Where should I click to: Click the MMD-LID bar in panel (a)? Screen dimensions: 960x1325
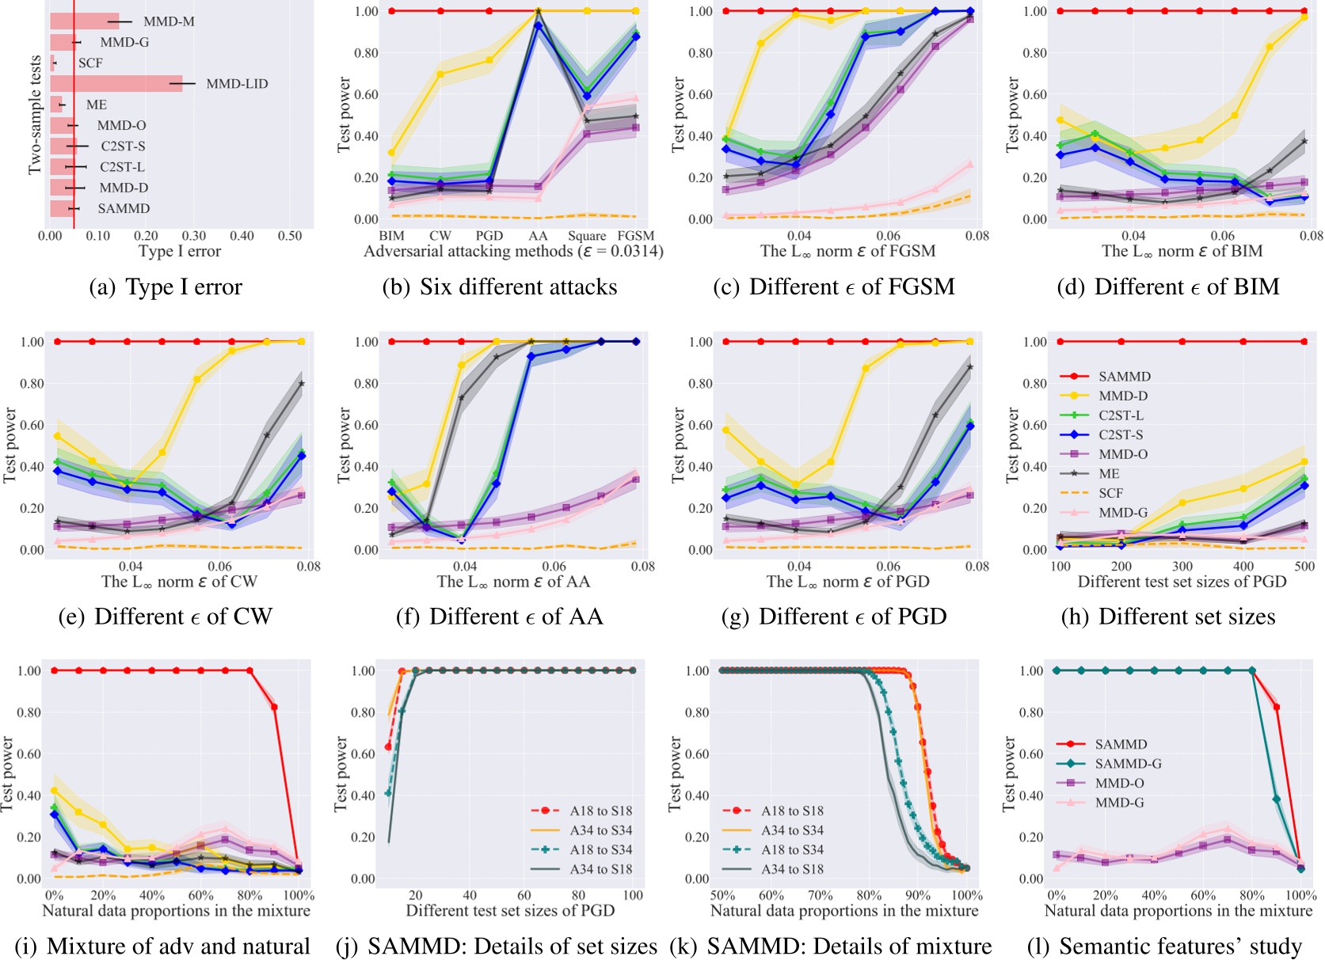click(116, 84)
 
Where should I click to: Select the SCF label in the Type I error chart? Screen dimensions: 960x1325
click(90, 63)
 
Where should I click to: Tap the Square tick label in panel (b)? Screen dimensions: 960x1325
click(587, 236)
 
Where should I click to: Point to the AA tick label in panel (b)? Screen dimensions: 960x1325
click(538, 236)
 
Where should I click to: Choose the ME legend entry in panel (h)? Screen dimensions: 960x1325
click(1109, 474)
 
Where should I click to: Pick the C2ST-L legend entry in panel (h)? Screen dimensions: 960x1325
click(1121, 415)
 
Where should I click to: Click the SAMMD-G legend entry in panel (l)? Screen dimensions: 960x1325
click(1128, 764)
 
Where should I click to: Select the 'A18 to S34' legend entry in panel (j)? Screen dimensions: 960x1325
click(600, 850)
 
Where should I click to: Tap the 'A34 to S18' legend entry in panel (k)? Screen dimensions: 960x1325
click(792, 869)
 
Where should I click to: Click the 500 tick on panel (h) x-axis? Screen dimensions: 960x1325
click(1304, 567)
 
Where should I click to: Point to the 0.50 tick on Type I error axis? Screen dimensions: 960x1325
click(290, 236)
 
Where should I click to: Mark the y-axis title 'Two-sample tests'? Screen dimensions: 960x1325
click(35, 115)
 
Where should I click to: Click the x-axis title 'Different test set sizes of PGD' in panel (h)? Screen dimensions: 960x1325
click(1182, 582)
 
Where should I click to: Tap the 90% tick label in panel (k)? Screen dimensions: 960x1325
click(917, 896)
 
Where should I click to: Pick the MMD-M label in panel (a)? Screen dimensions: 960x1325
click(169, 21)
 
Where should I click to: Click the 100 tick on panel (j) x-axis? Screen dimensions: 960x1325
click(633, 896)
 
